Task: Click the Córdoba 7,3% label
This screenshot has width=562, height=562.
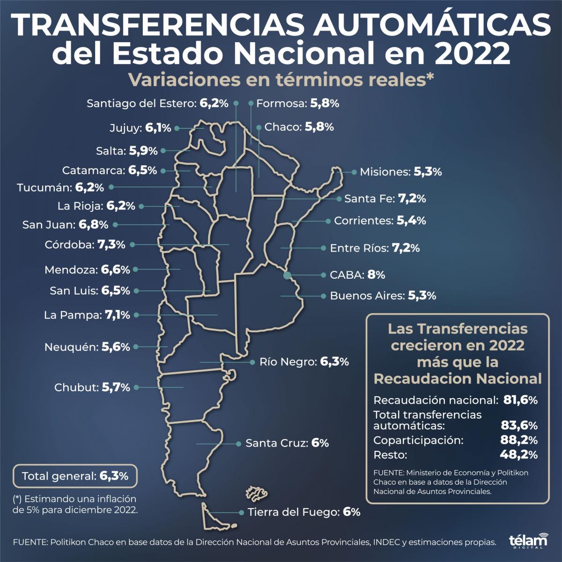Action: [85, 244]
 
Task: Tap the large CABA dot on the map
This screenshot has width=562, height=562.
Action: [287, 275]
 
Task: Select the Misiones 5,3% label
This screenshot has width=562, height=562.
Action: [400, 172]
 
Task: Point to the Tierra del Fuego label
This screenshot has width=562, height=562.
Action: [304, 512]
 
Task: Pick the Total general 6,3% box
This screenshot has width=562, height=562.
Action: [75, 476]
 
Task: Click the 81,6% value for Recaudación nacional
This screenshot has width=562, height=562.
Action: [520, 400]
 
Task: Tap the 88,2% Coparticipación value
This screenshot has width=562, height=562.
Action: [519, 441]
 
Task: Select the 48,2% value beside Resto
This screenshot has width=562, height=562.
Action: [519, 455]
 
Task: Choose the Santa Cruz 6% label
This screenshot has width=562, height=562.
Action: [287, 443]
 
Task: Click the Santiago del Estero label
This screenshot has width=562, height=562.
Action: [157, 104]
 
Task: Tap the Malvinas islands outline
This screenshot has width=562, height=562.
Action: [256, 492]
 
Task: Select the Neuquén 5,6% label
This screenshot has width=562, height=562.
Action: [87, 348]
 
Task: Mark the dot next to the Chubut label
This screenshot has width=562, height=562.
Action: [136, 387]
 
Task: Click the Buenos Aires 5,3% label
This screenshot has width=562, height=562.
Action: [383, 296]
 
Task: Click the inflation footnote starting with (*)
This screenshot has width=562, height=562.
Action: [76, 504]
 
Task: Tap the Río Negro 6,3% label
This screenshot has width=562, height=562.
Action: [304, 362]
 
